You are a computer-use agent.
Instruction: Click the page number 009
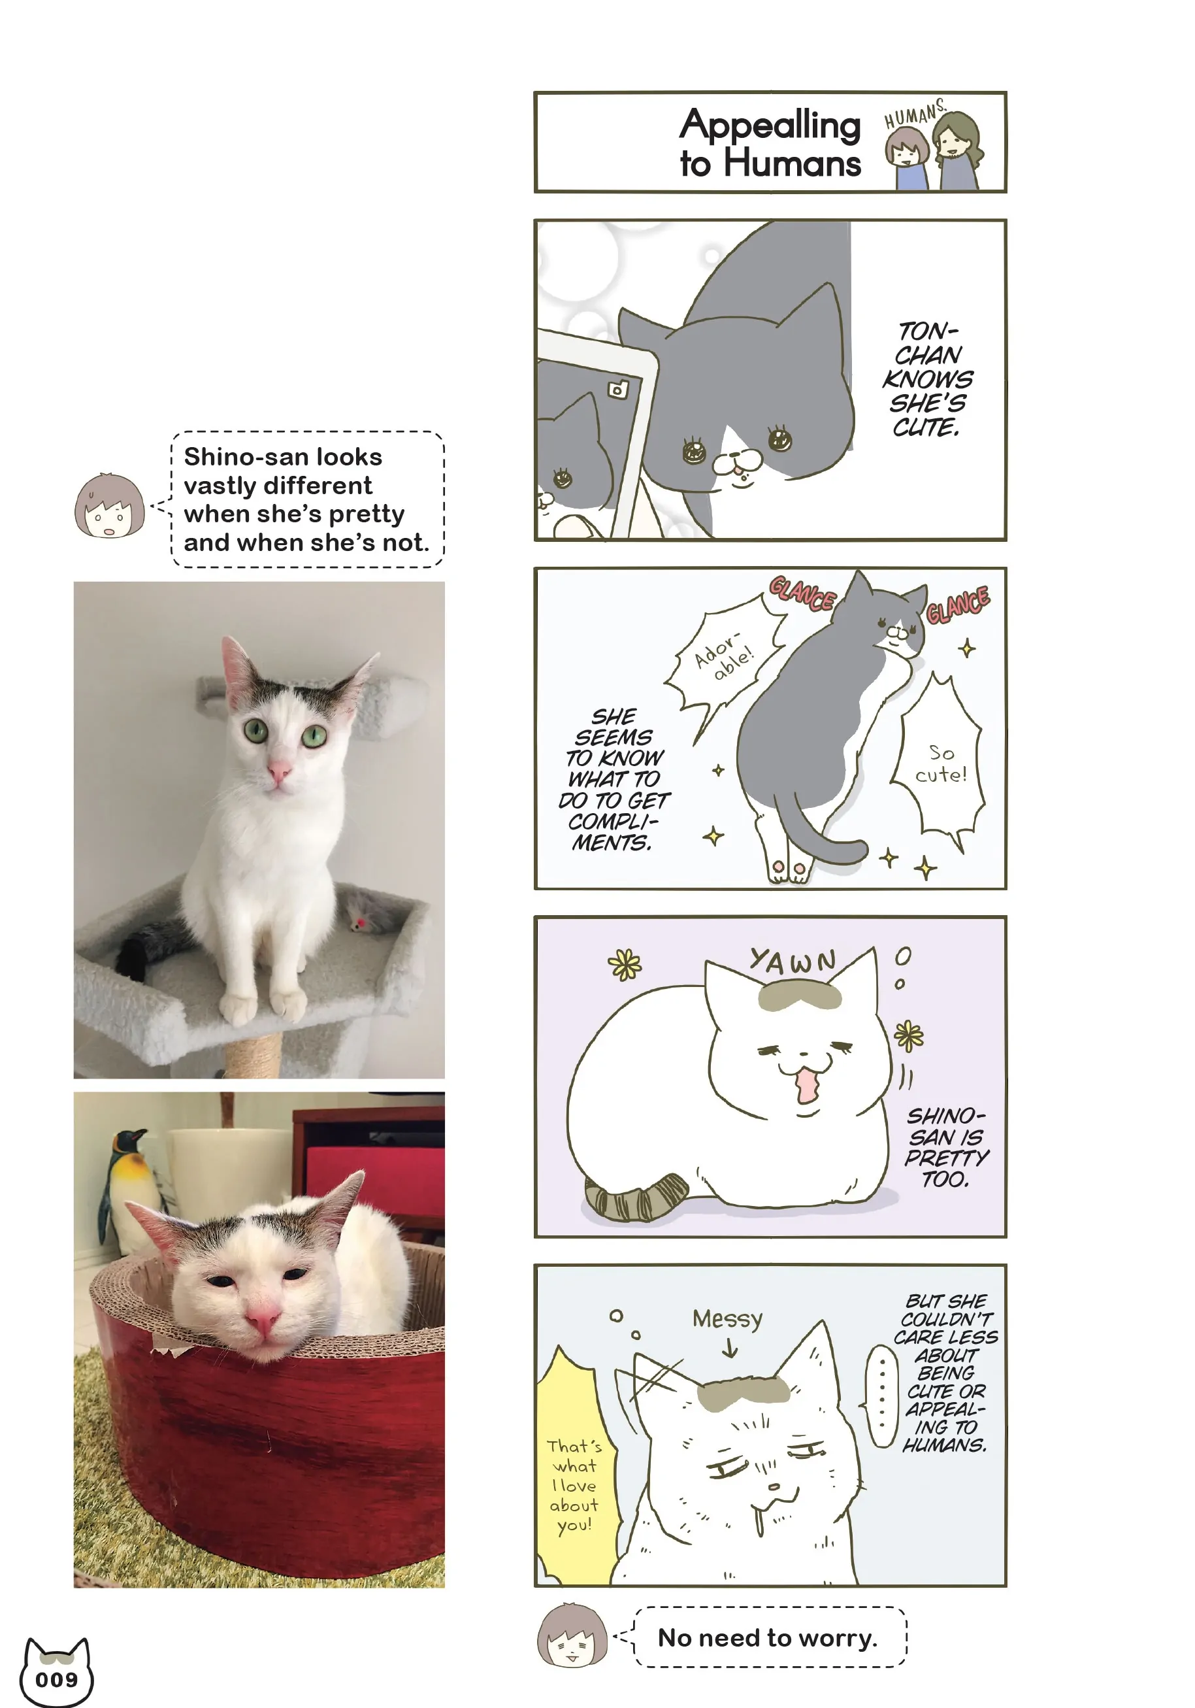click(56, 1679)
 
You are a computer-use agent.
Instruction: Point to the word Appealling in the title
click(770, 125)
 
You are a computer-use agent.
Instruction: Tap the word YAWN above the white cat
click(793, 961)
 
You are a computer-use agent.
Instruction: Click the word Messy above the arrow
click(727, 1319)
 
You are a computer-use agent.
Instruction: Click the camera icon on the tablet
click(618, 389)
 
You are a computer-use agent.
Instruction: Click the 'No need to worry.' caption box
click(770, 1637)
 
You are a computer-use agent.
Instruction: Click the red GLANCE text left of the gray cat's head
click(802, 594)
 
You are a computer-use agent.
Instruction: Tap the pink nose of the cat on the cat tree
click(280, 770)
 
